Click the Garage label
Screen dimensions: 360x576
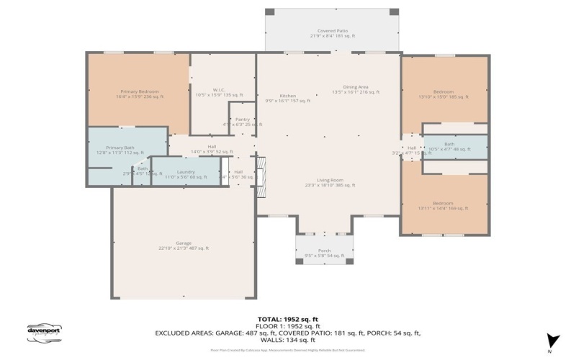(x=184, y=246)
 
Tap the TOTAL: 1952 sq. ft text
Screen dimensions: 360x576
(x=287, y=318)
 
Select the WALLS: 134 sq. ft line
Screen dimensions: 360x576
(x=288, y=340)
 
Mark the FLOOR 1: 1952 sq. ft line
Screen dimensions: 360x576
(x=287, y=325)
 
